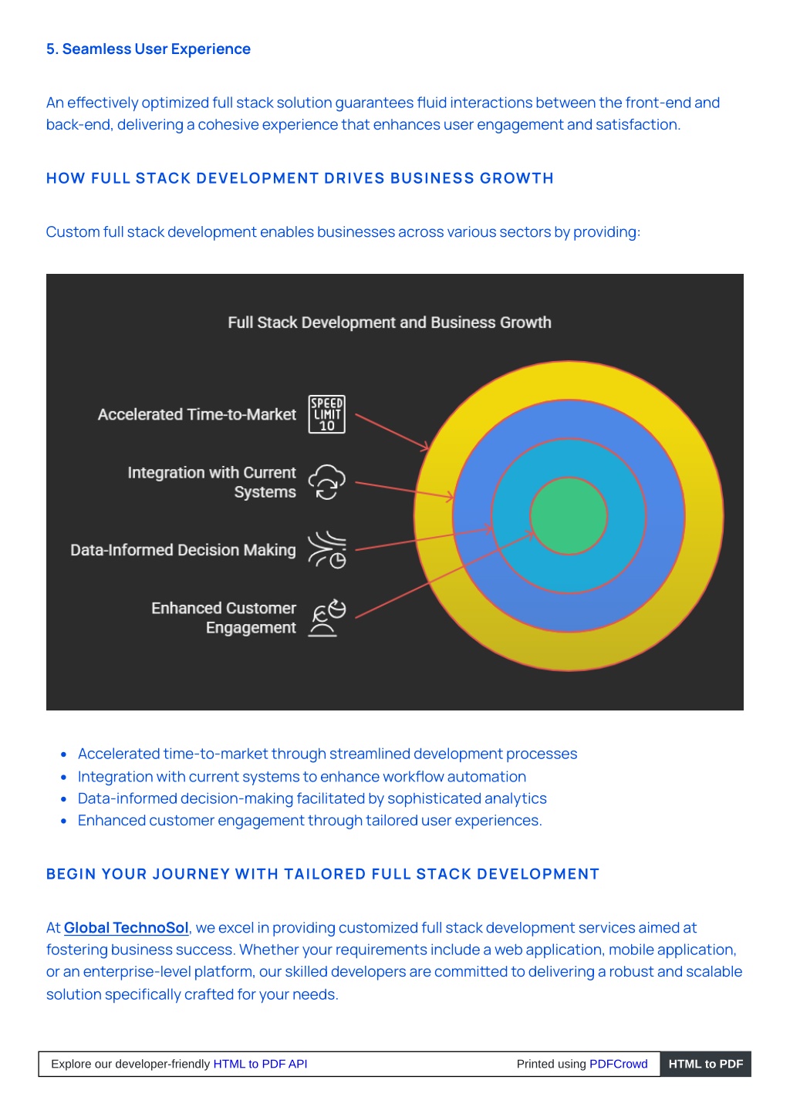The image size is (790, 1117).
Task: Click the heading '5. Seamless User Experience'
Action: pos(148,49)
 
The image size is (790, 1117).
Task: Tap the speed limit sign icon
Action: pos(326,414)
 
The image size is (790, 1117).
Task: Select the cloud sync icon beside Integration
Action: pos(326,481)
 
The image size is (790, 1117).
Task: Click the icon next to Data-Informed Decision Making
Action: pos(326,549)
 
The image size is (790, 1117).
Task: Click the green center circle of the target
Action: pos(569,515)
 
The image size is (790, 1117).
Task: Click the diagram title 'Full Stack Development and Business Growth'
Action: pos(390,322)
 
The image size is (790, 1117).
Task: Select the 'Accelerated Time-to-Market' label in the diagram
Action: pos(197,414)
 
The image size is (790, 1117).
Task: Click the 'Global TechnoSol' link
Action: pos(127,927)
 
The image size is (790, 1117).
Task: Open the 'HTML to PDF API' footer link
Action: pos(260,1064)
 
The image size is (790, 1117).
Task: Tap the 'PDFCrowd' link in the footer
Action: pos(619,1064)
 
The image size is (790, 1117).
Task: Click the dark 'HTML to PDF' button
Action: pos(706,1064)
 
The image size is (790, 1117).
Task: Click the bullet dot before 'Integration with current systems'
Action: pos(63,777)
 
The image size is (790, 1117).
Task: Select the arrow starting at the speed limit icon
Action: pos(392,432)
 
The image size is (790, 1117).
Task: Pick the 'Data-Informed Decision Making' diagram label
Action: pos(183,549)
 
